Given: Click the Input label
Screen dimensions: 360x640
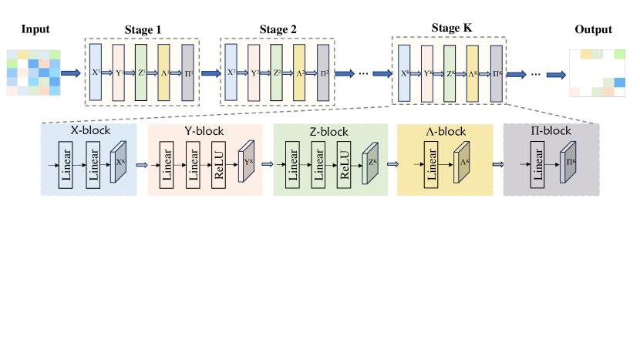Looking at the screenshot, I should click(35, 30).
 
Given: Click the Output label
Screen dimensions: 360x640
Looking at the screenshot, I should click(593, 30).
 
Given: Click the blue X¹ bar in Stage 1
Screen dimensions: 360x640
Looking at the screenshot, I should click(96, 72).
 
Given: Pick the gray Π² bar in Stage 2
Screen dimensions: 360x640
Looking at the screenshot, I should click(322, 73).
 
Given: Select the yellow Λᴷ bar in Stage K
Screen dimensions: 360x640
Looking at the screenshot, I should click(473, 74).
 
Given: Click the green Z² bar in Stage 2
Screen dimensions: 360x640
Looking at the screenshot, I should click(277, 73).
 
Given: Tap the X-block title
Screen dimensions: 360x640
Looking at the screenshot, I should click(90, 131).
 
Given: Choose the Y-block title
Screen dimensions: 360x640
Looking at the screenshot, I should click(204, 131).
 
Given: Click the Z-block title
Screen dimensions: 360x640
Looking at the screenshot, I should click(330, 131).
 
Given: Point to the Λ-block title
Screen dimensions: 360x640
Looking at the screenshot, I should click(444, 131).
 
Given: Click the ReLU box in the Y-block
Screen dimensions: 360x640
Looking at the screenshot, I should click(219, 165).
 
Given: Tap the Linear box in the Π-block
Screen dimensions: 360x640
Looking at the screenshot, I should click(537, 165).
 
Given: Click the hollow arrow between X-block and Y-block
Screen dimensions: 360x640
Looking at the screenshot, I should click(141, 165).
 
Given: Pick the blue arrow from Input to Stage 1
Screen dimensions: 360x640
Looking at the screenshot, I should click(70, 73).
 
